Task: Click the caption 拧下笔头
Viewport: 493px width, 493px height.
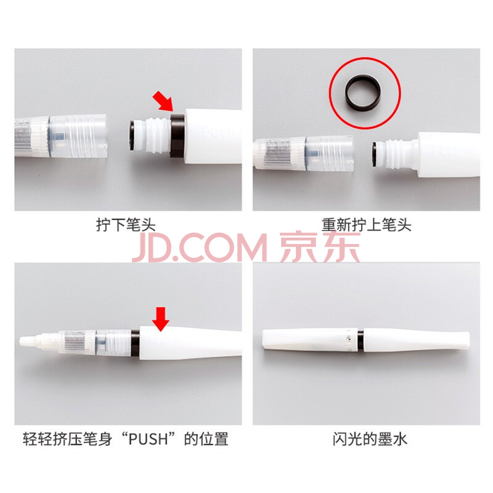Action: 126,225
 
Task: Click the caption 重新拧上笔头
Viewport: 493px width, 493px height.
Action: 366,225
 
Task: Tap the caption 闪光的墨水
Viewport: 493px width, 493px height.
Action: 370,439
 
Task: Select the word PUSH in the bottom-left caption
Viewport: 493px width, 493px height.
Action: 149,439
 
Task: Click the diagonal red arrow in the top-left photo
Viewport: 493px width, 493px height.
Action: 163,101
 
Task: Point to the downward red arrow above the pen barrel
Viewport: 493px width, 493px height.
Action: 161,319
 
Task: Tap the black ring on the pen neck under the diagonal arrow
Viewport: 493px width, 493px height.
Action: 177,136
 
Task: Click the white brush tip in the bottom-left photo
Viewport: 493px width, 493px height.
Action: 29,341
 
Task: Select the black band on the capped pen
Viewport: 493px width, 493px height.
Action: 361,341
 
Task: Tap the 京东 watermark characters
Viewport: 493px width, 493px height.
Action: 319,248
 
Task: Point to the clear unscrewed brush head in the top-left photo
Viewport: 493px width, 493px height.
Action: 60,136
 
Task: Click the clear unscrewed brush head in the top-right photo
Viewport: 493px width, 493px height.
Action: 303,153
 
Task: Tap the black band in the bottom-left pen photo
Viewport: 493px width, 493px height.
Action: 135,343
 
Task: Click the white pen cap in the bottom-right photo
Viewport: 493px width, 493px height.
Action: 310,341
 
